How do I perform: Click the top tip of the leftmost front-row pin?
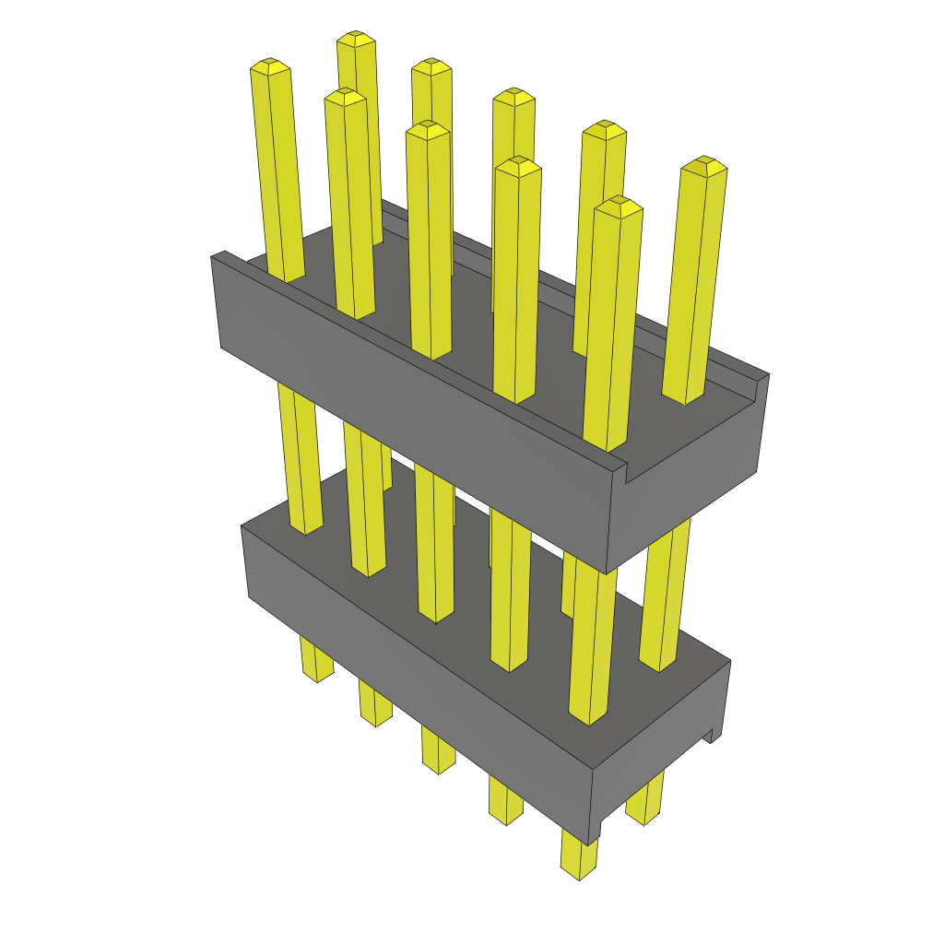pos(270,65)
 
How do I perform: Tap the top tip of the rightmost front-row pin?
pos(618,205)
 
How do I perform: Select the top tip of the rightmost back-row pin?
pos(704,164)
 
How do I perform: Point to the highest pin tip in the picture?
pos(356,39)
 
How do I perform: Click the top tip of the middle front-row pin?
pos(427,128)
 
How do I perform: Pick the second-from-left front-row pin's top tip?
pos(346,96)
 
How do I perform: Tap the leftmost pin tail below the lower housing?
pos(316,664)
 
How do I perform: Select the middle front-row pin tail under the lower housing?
pos(439,752)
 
